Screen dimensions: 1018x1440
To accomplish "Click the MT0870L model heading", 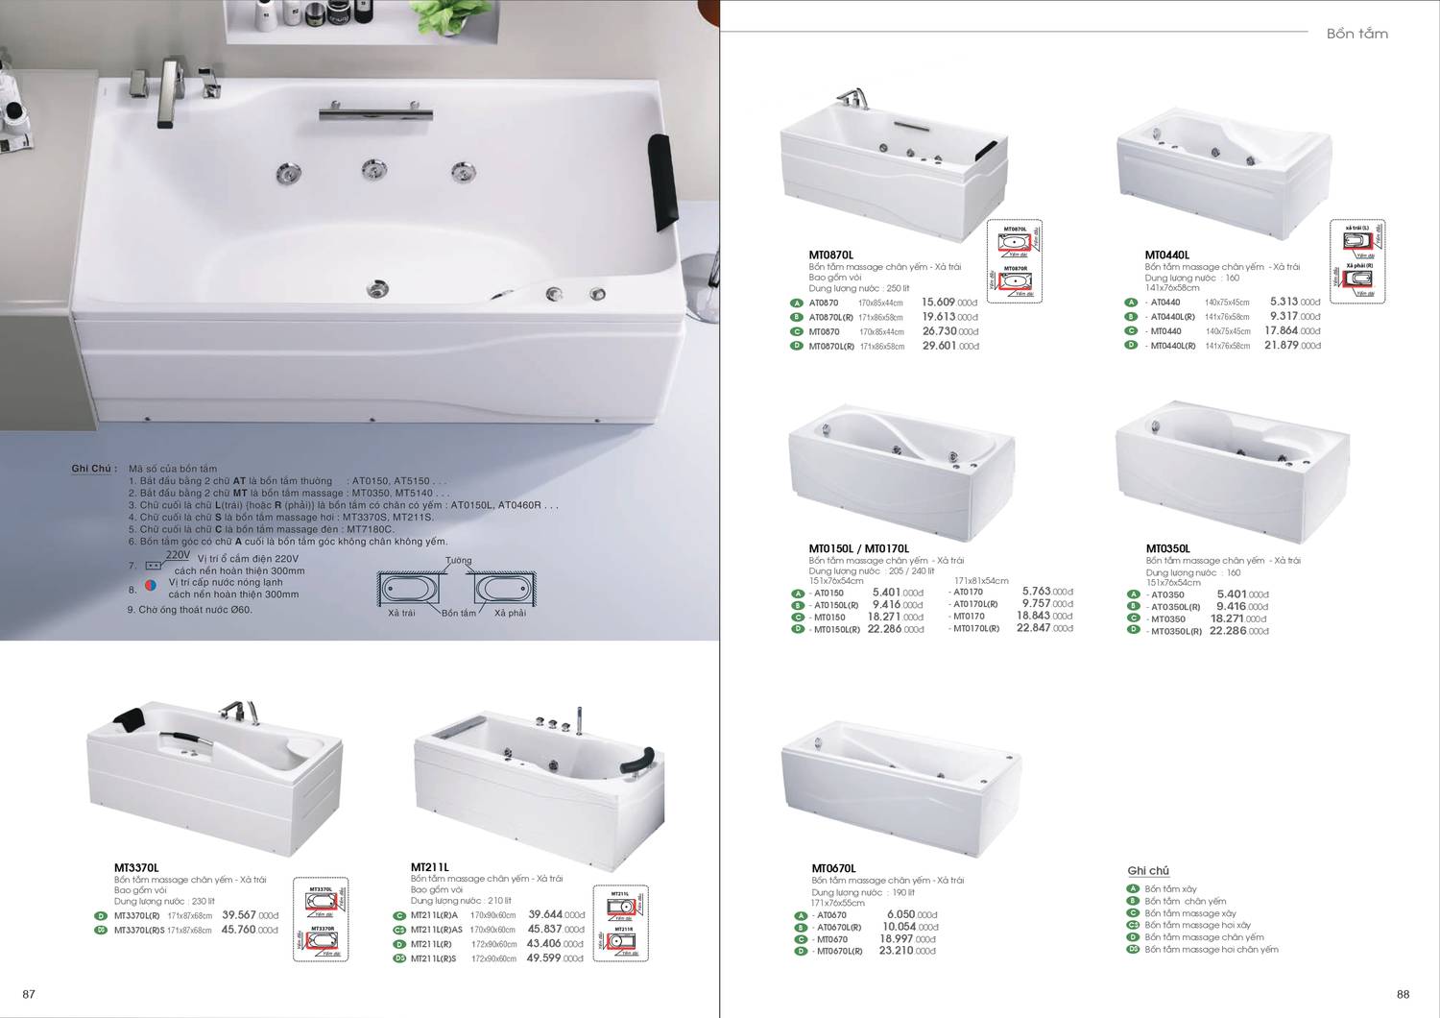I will (830, 255).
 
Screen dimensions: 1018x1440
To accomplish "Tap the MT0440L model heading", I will (1166, 255).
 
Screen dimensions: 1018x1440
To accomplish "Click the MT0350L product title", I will (1167, 548).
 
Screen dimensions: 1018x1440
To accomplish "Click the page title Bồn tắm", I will (1356, 34).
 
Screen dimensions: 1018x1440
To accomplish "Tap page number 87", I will (29, 994).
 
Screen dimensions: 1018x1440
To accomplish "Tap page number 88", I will (1403, 994).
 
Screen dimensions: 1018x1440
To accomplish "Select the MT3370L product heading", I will (136, 867).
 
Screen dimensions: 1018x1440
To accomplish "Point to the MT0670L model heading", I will (833, 868).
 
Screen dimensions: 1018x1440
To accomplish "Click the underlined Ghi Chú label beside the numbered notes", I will (93, 469).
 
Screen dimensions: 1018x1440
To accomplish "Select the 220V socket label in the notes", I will (179, 555).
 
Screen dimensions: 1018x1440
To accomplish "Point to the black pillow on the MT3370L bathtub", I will (130, 716).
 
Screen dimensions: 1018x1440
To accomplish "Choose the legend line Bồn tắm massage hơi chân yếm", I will (1211, 949).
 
